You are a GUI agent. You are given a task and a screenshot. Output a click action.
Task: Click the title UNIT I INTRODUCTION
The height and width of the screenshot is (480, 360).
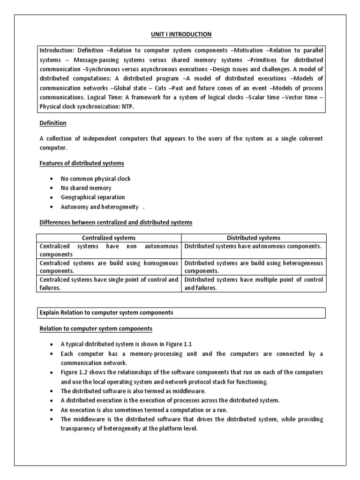[181, 34]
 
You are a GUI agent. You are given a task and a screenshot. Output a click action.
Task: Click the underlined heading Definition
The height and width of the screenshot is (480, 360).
[52, 123]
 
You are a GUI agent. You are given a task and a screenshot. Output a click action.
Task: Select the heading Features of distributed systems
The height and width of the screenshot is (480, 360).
[82, 163]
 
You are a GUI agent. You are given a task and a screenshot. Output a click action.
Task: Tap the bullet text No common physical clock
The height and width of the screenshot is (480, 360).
[96, 179]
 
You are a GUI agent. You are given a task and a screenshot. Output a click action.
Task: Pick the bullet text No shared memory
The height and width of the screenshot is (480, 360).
[86, 188]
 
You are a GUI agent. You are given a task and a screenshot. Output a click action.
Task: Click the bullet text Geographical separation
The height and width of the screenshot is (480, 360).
[92, 197]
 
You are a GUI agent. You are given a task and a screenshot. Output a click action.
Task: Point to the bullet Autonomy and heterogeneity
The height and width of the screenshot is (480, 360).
[99, 207]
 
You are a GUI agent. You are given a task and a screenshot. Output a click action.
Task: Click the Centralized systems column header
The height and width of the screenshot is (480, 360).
[109, 238]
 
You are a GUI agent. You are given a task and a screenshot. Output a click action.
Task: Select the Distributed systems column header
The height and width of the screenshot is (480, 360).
[254, 238]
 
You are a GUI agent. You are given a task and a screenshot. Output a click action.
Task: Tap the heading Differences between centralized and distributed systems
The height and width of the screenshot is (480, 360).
[115, 222]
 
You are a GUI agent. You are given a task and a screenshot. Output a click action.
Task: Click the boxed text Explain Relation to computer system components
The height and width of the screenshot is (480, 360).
[106, 312]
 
